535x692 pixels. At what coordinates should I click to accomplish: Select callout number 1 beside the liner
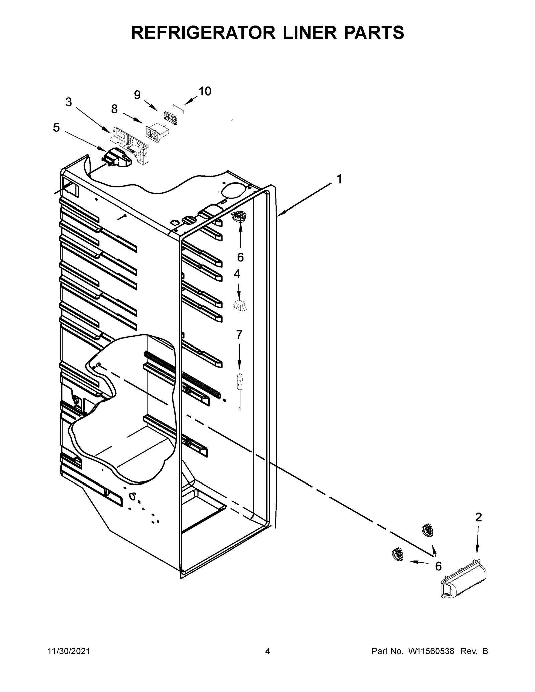pyautogui.click(x=339, y=179)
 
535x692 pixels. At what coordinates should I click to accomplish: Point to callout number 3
pyautogui.click(x=69, y=102)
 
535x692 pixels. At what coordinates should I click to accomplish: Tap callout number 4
pyautogui.click(x=237, y=274)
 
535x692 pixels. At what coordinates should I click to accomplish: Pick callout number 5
pyautogui.click(x=56, y=127)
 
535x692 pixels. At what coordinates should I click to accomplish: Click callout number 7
pyautogui.click(x=239, y=335)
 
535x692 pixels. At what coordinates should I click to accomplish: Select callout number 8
pyautogui.click(x=114, y=109)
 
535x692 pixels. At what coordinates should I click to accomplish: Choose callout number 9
pyautogui.click(x=137, y=95)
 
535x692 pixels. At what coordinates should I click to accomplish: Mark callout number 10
pyautogui.click(x=205, y=91)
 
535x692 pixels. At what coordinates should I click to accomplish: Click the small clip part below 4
pyautogui.click(x=240, y=305)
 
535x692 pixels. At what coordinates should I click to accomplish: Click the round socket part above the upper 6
pyautogui.click(x=239, y=217)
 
